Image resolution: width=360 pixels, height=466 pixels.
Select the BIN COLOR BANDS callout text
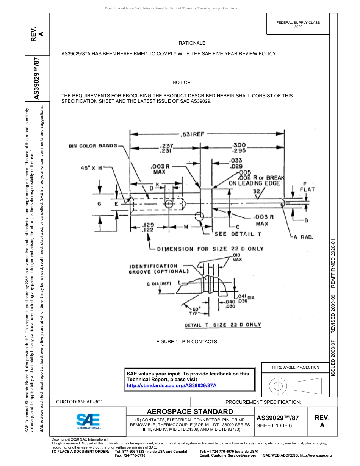(93, 146)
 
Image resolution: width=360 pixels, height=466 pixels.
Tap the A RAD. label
(303, 237)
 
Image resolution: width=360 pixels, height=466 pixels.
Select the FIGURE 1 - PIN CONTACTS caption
(186, 342)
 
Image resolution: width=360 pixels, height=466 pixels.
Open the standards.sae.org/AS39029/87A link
(171, 385)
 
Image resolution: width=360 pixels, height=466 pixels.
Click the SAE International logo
(88, 421)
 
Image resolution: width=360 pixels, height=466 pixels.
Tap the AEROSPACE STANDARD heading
(190, 411)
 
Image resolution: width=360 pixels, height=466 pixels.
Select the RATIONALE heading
(192, 43)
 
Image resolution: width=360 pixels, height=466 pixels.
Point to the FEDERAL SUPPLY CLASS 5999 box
(298, 25)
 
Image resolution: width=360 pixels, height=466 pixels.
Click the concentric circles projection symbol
(278, 386)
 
